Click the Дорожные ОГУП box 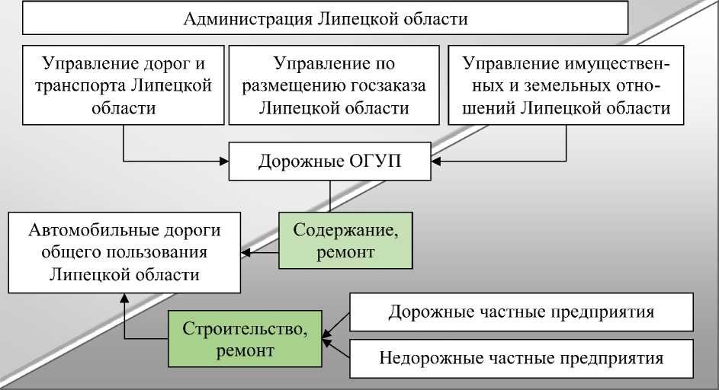[x=329, y=161]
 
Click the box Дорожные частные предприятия [x=521, y=312]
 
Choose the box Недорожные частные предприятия [x=521, y=357]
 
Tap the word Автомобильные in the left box [x=91, y=230]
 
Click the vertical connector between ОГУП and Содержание [x=329, y=196]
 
